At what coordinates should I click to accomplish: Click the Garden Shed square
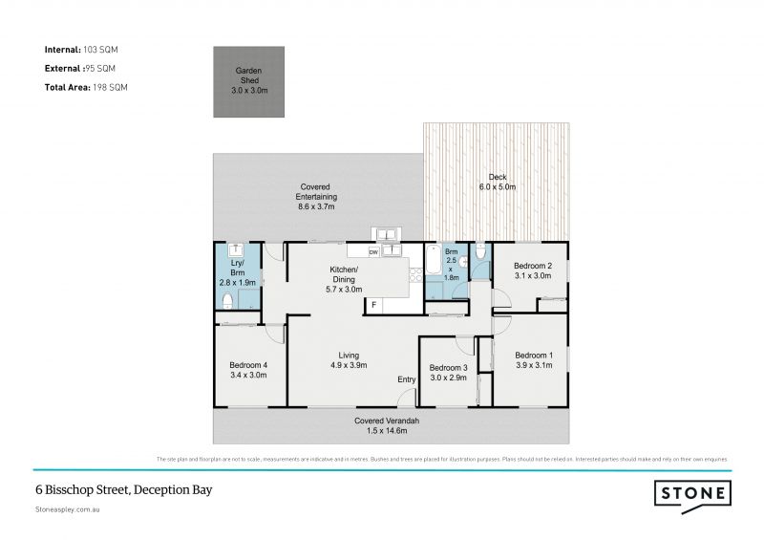pos(248,82)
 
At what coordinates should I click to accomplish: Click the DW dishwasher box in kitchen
pos(373,252)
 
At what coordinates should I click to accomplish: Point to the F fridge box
pos(374,305)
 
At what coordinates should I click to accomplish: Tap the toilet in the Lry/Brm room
pos(226,300)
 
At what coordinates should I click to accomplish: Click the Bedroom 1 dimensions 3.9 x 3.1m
pos(534,364)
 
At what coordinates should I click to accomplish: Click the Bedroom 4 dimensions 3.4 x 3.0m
pos(247,375)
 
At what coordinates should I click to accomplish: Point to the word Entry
pos(407,379)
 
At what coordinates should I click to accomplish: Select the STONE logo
pos(692,493)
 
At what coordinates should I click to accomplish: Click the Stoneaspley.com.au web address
pos(68,511)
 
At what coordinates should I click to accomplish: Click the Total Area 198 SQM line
pos(86,87)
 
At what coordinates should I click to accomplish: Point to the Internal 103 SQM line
pos(82,48)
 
